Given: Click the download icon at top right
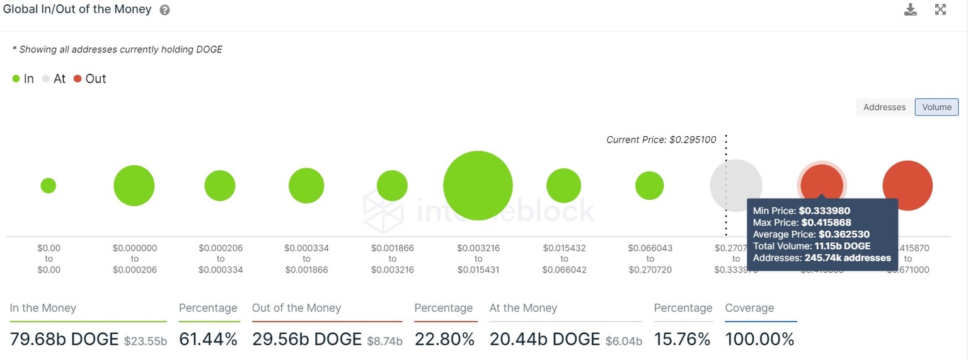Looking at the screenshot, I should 910,9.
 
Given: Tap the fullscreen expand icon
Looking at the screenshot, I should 940,9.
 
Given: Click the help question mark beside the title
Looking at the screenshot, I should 164,10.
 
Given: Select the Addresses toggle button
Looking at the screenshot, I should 884,107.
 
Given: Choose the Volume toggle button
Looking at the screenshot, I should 936,107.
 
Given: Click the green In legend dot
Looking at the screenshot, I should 16,79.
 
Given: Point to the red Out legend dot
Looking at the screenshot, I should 77,79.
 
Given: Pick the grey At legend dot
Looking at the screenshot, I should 45,79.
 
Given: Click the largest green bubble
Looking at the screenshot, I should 478,185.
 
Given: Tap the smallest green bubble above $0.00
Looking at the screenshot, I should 49,185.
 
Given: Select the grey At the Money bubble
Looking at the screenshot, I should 735,185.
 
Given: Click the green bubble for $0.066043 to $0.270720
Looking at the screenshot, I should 649,185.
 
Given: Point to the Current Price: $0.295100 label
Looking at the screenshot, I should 661,140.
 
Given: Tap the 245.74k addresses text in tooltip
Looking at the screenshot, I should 848,258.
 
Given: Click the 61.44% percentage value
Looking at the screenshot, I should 208,339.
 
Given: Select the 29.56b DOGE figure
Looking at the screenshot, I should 307,339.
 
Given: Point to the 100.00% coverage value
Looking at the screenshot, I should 759,339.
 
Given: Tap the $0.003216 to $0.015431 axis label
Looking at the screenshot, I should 478,259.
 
